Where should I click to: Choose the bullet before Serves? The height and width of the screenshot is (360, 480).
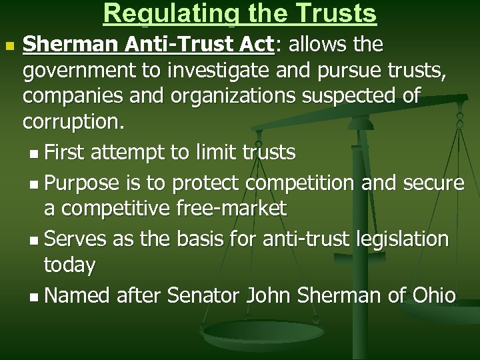click(35, 239)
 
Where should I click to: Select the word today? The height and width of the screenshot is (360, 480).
click(69, 265)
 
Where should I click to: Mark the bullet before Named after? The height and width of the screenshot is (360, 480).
click(35, 295)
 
